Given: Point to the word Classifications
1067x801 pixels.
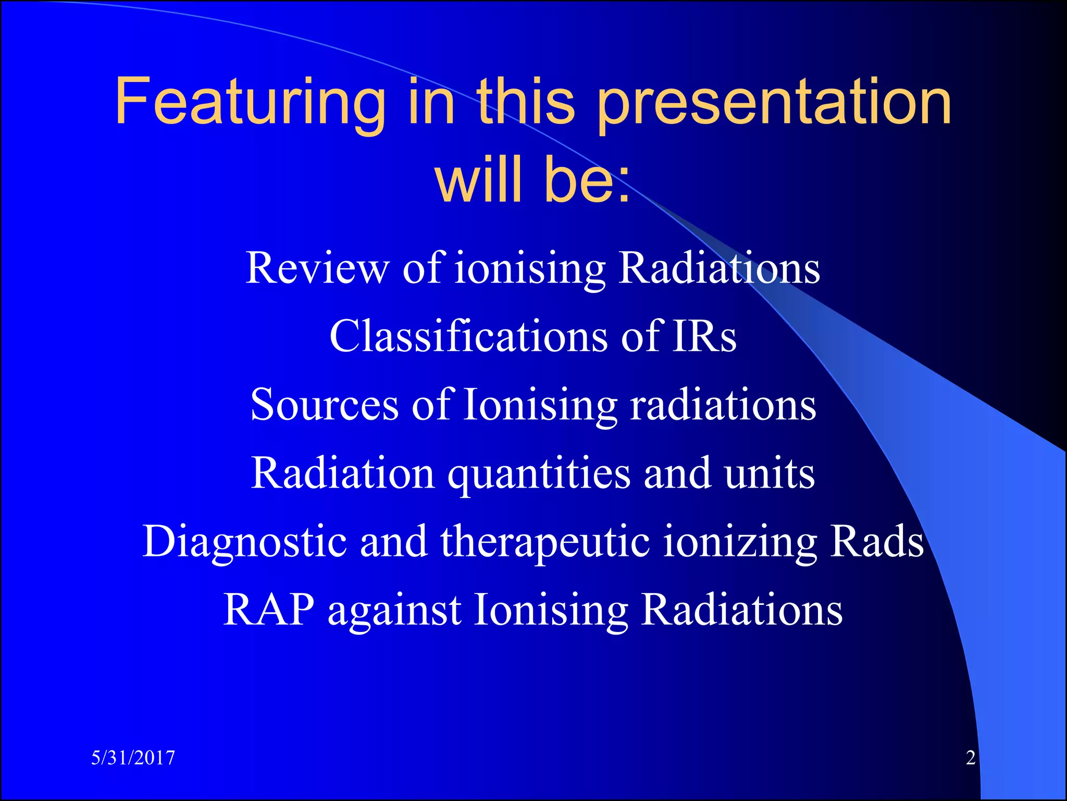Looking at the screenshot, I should (468, 336).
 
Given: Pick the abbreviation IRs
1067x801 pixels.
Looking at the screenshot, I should (704, 336).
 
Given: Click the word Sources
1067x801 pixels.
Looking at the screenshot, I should (325, 405).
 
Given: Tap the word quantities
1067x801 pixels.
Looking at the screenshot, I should (539, 473).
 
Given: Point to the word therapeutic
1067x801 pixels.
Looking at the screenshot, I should (545, 541).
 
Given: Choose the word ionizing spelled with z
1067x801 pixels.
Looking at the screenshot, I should (740, 541).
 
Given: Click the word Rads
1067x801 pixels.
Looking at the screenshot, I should (877, 541).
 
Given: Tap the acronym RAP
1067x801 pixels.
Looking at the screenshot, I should (269, 610).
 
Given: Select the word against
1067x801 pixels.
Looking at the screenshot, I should (394, 610).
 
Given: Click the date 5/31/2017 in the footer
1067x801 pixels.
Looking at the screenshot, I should (133, 758).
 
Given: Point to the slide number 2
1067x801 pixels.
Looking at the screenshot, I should (970, 758).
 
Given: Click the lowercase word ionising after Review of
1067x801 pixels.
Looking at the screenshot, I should (530, 268).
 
